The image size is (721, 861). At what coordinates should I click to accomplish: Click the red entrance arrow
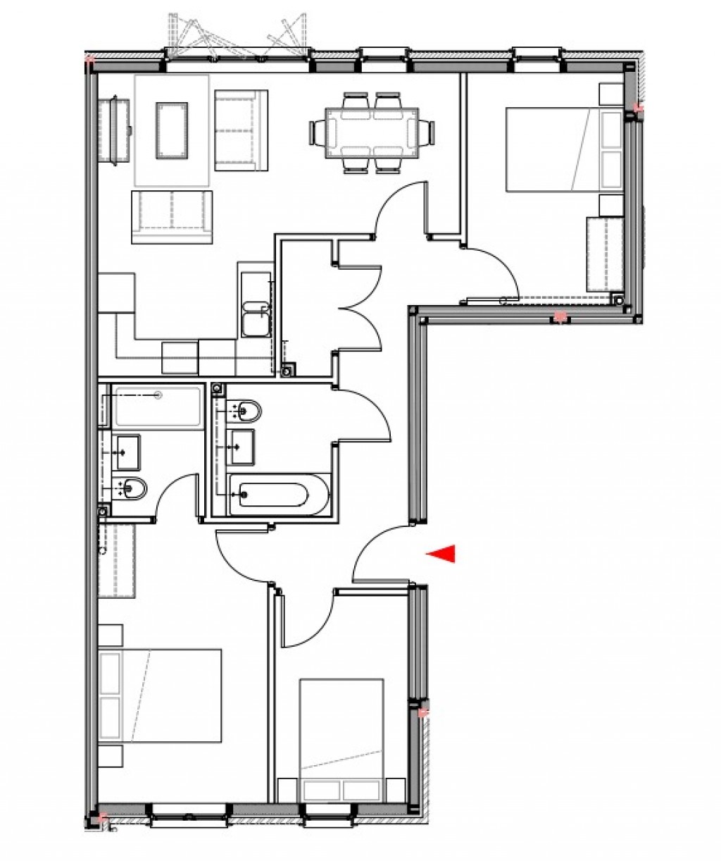click(441, 555)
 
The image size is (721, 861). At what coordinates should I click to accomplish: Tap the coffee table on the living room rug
click(172, 129)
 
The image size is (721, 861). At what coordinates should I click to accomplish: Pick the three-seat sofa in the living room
click(171, 217)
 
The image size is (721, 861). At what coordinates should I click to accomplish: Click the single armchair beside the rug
click(241, 130)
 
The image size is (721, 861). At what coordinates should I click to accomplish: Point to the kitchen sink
click(254, 318)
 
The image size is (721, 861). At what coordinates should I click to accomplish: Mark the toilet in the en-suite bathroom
click(132, 487)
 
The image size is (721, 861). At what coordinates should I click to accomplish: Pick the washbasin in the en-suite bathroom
click(127, 451)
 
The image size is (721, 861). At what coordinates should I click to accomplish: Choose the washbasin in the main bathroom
click(242, 445)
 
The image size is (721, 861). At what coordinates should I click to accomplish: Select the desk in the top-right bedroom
click(603, 254)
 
